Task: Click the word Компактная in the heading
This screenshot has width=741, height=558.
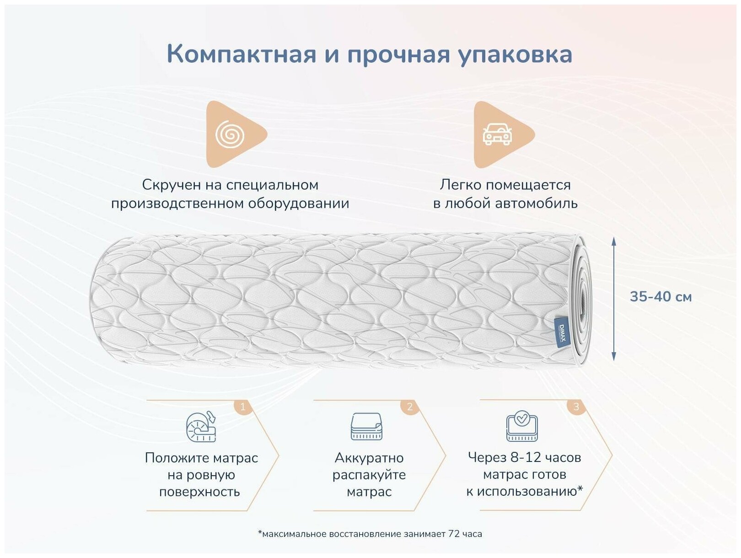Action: (241, 54)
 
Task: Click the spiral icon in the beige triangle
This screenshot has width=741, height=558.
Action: (230, 134)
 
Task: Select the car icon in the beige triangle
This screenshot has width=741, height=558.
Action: (497, 134)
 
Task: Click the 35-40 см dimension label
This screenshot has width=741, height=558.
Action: (660, 296)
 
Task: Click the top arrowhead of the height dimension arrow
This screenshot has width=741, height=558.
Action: (614, 241)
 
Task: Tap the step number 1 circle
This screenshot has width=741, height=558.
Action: (243, 406)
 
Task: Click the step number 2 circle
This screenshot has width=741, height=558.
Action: (409, 406)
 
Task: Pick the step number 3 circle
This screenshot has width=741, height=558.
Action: (576, 406)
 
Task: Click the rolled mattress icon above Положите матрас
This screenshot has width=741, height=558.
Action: (201, 427)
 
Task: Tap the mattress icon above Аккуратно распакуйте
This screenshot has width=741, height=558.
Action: (366, 427)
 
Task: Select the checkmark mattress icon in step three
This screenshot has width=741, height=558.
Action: (522, 426)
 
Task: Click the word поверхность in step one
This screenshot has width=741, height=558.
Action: (199, 492)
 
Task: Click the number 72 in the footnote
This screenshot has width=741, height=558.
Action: (454, 534)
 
